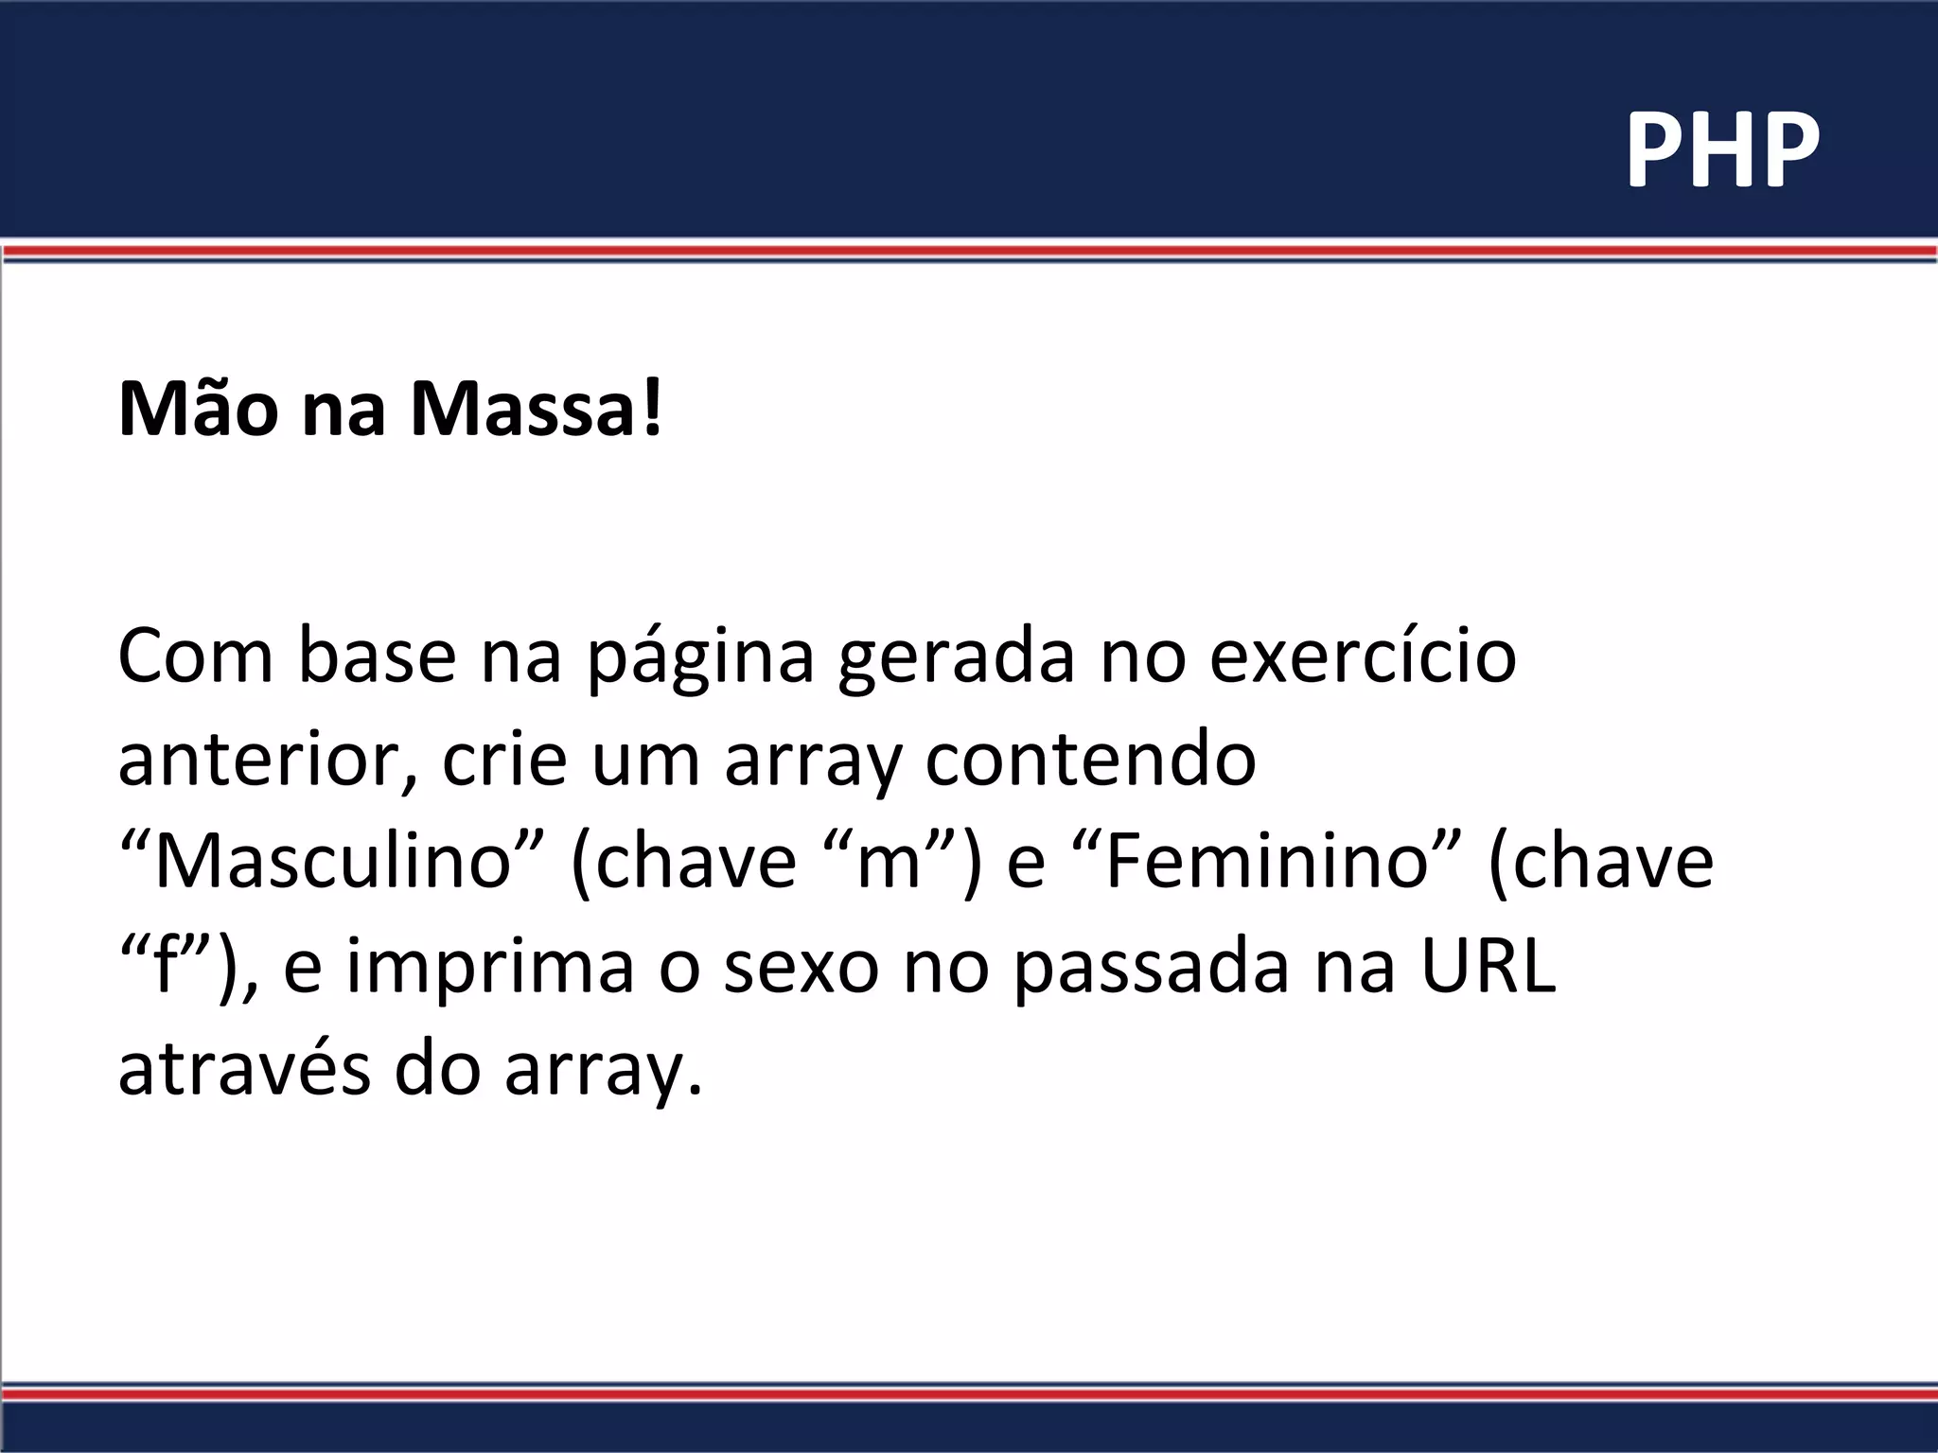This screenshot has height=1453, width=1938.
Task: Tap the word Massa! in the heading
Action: pyautogui.click(x=537, y=409)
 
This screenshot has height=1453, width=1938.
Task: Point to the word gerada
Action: pyautogui.click(x=956, y=657)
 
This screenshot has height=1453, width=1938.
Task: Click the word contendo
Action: pyautogui.click(x=1090, y=760)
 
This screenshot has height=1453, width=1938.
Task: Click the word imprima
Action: pyautogui.click(x=489, y=967)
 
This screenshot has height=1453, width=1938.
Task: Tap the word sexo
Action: pyautogui.click(x=801, y=969)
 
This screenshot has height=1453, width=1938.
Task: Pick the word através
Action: pyautogui.click(x=243, y=1070)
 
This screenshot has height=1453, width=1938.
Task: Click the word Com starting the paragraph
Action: pyautogui.click(x=195, y=657)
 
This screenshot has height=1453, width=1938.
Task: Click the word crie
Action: pyautogui.click(x=502, y=760)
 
